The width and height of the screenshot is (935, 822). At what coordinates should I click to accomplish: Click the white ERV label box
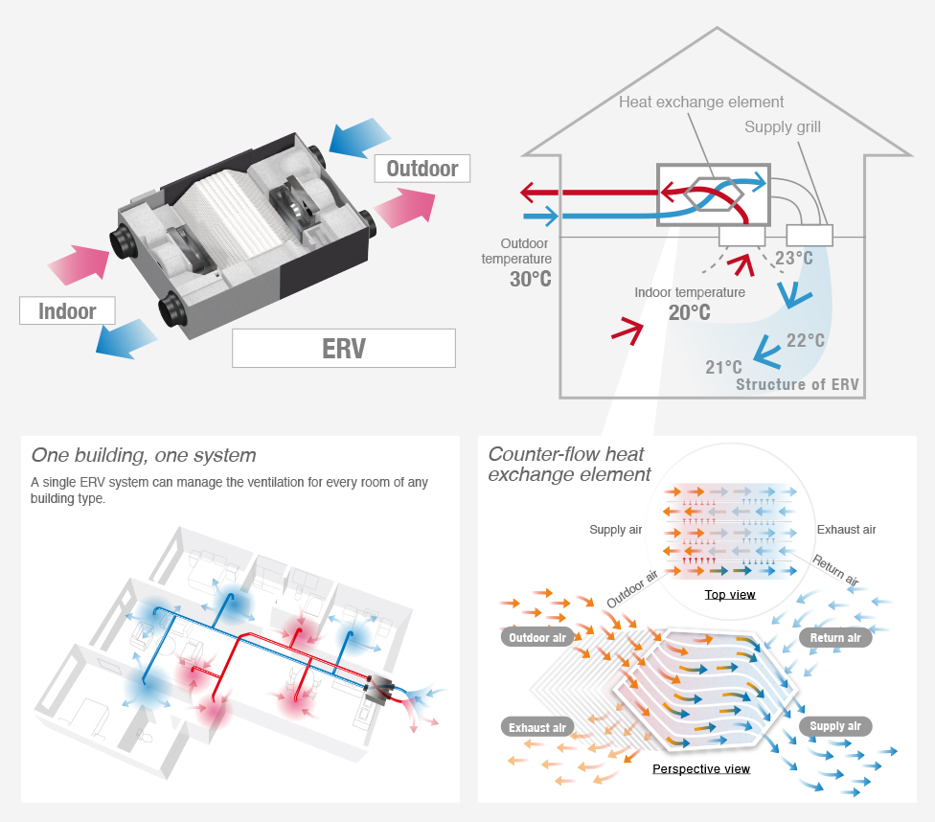pos(343,348)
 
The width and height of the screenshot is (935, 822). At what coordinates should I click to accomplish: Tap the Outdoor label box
pos(422,170)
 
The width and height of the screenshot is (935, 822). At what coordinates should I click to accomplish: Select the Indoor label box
pos(67,311)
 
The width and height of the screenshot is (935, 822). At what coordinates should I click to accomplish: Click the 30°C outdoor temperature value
pos(529,279)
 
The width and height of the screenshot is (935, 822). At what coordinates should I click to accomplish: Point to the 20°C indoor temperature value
pos(689,312)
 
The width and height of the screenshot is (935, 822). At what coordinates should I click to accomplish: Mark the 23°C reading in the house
pos(793,259)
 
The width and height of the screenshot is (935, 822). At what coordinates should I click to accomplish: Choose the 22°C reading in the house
pos(805,340)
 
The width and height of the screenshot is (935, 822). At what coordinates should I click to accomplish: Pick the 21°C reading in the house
pos(723,367)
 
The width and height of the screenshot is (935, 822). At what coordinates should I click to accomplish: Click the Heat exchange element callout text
pos(701,102)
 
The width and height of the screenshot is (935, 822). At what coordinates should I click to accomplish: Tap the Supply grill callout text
pos(783,126)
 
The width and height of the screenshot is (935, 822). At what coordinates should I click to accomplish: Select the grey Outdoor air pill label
pos(536,638)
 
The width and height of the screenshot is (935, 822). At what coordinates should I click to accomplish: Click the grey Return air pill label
pos(835,638)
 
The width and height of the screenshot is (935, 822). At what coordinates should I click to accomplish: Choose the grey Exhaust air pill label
pos(536,727)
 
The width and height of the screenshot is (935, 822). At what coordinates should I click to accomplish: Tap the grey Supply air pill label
pos(835,726)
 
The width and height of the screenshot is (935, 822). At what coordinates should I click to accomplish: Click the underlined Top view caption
pos(730,595)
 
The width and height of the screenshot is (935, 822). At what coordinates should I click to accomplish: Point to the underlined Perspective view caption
pos(701,769)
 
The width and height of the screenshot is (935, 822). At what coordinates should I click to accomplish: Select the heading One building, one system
pos(144,455)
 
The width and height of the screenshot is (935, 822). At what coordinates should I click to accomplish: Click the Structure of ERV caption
pos(797,385)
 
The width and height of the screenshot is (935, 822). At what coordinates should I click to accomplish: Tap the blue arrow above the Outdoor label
pos(355,136)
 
